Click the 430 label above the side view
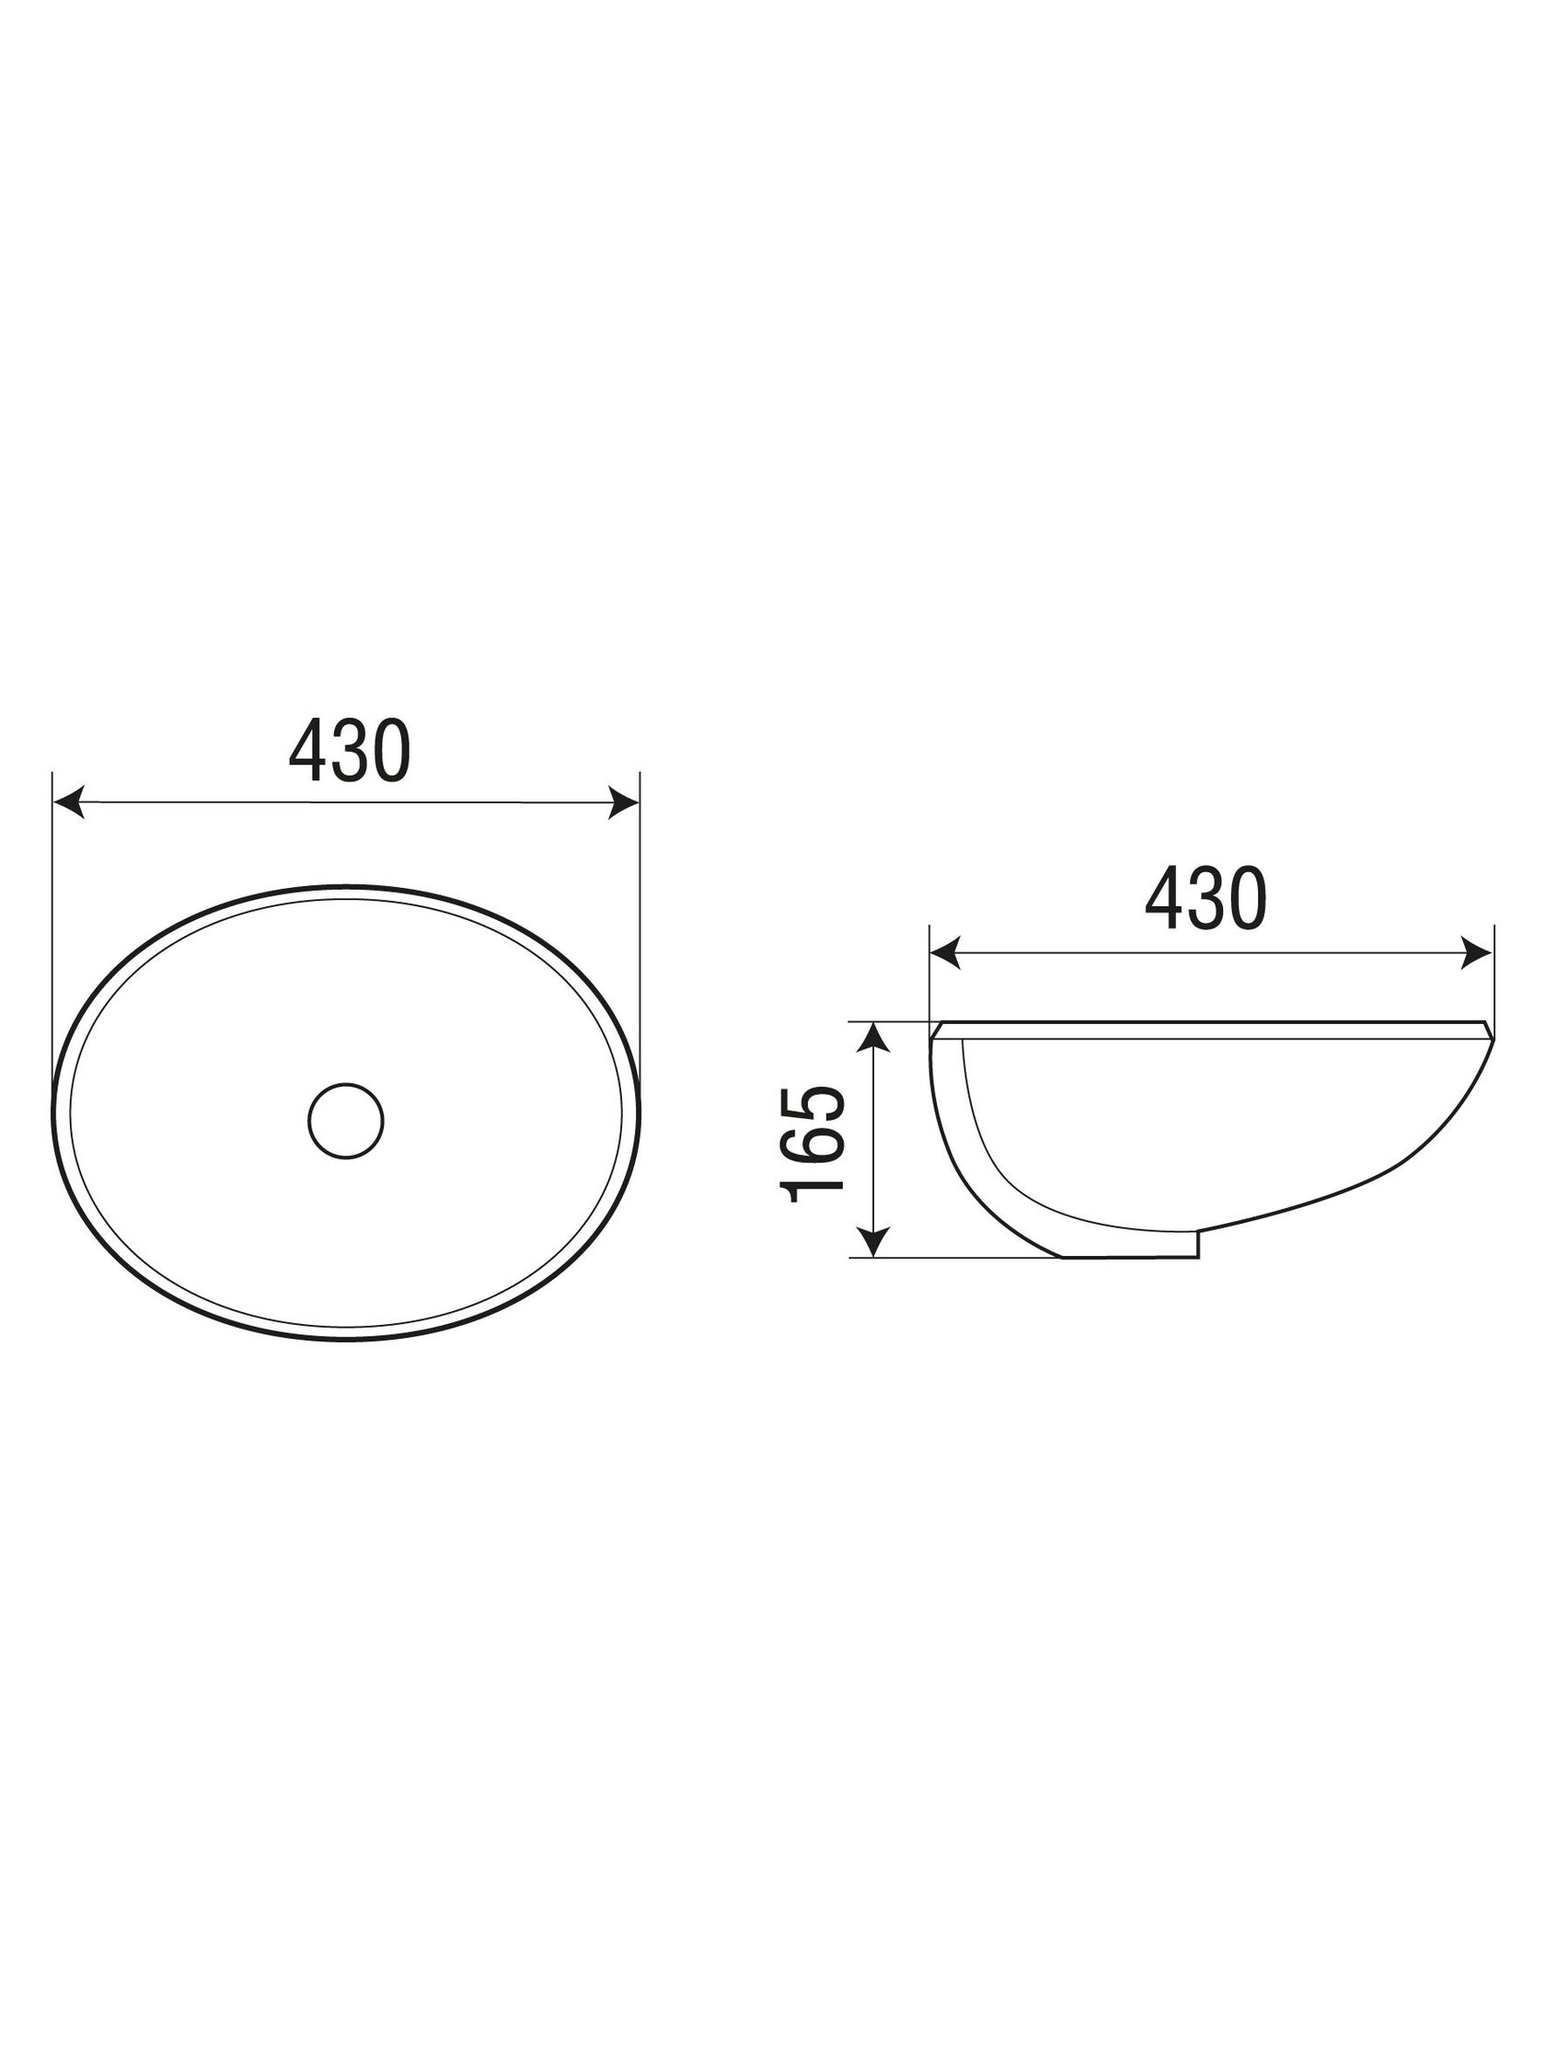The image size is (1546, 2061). coord(1206,899)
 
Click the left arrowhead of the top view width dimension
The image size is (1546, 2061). coord(69,801)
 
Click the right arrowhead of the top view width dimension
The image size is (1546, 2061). coord(623,802)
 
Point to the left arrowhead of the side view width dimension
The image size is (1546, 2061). coord(945,953)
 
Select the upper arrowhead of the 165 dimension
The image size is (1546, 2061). coord(872,1037)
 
